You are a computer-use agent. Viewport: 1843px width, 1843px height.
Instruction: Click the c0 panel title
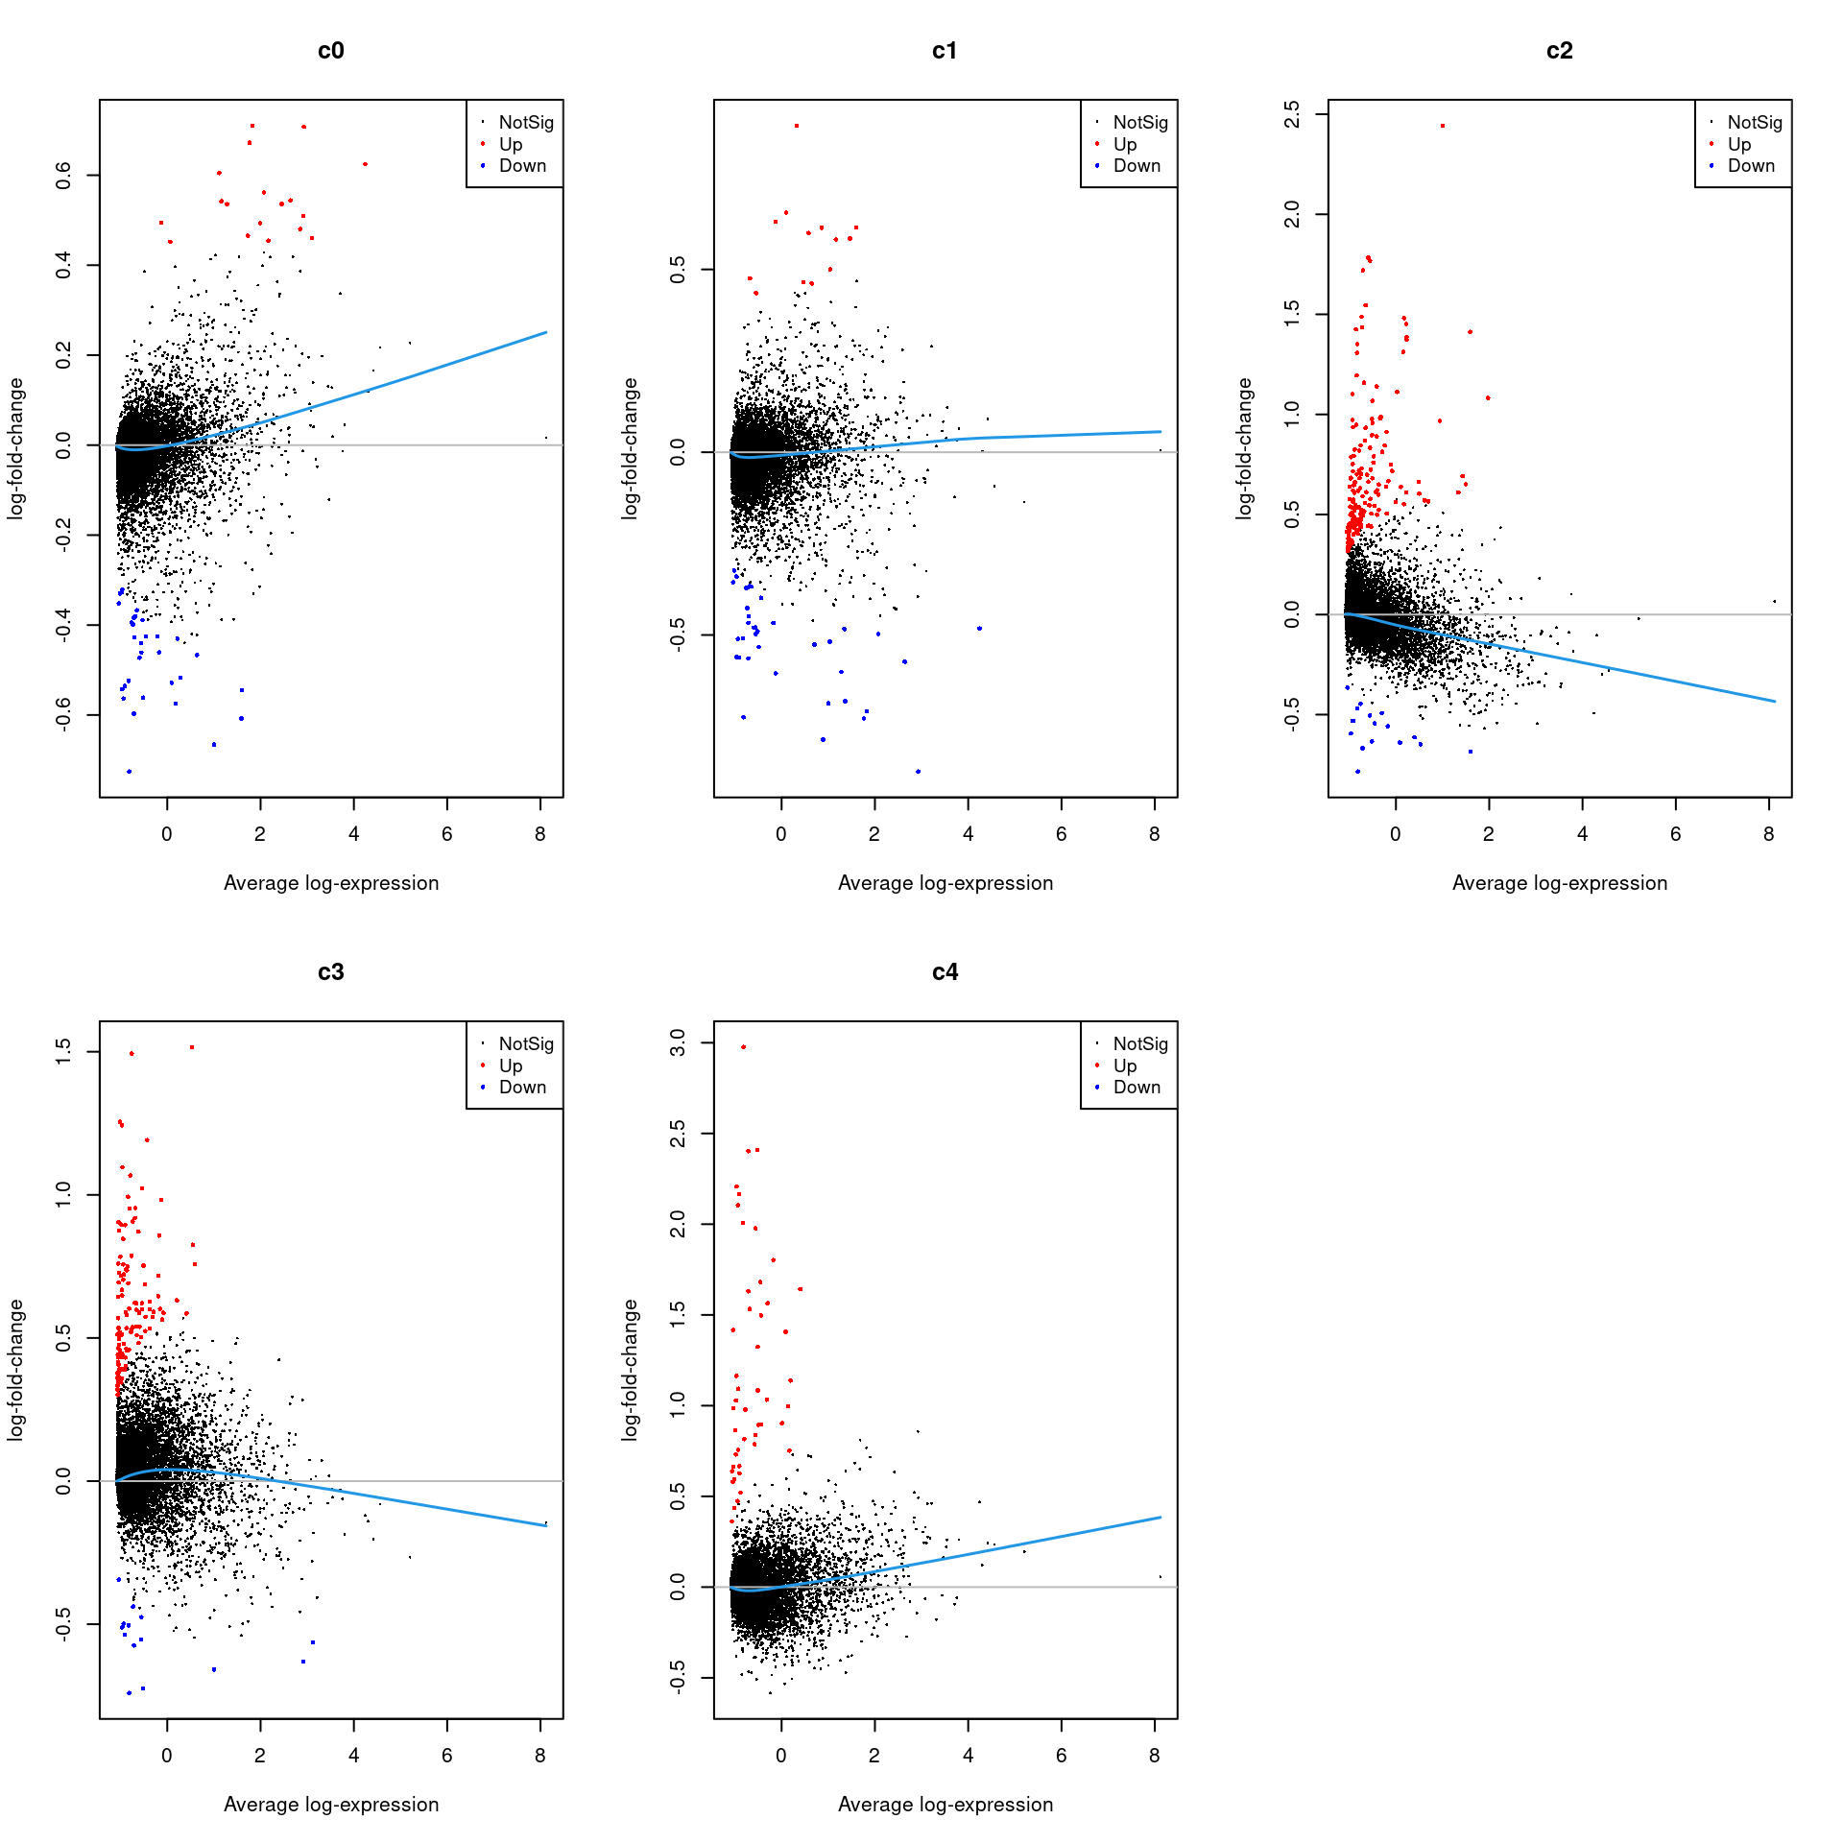(330, 51)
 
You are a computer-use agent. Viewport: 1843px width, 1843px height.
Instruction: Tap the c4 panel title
(945, 972)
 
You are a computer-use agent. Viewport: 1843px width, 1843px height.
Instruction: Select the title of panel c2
(1559, 51)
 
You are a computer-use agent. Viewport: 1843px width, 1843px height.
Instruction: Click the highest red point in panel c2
(1442, 126)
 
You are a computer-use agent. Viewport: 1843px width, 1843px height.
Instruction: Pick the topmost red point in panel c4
(743, 1047)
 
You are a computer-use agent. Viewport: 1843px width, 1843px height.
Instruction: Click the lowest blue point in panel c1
(918, 772)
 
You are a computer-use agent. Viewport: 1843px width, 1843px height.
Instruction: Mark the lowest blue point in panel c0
(129, 772)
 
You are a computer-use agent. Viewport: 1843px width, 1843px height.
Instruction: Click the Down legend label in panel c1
(1137, 166)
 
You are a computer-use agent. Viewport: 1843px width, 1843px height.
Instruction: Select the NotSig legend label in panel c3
(526, 1043)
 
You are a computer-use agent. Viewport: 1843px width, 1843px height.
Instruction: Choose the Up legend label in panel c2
(1738, 144)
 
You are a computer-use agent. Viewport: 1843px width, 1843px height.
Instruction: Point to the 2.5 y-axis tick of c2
(1292, 114)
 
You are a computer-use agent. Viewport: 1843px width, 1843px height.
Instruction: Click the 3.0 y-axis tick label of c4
(678, 1041)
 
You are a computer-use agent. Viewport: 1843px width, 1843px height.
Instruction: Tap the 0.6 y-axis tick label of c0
(63, 175)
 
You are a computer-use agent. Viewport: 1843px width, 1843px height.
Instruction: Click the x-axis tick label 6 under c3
(446, 1756)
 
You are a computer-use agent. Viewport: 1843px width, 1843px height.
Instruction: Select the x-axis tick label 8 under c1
(1154, 834)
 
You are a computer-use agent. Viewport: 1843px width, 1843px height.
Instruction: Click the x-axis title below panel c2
(1559, 883)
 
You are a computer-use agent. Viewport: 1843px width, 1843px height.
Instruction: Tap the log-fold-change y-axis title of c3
(15, 1370)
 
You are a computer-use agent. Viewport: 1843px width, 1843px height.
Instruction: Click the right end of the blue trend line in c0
(546, 332)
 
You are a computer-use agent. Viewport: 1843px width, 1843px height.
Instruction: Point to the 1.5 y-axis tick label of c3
(63, 1051)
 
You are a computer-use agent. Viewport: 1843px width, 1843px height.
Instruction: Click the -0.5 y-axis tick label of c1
(678, 634)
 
